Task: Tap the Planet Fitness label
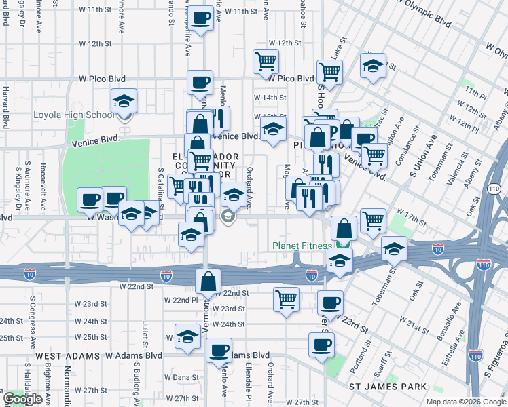302,246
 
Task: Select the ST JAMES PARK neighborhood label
388,387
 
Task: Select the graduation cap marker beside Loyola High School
124,102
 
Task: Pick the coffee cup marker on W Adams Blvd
219,351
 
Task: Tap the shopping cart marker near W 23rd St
286,298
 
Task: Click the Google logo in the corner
22,399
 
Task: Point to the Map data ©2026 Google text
465,402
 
